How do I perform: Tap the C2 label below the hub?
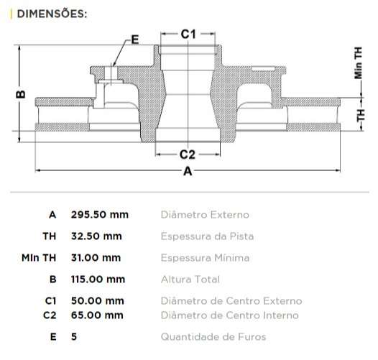(x=188, y=154)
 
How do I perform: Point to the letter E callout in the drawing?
(x=135, y=40)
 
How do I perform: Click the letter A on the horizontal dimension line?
(x=188, y=171)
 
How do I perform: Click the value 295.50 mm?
(x=99, y=215)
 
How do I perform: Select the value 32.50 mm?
(x=96, y=236)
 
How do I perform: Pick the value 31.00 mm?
(x=96, y=258)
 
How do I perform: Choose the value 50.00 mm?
(x=97, y=301)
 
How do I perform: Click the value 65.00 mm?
(x=97, y=315)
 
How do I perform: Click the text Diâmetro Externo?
(x=205, y=215)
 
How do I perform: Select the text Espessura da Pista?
(x=207, y=236)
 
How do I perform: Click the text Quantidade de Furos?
(x=213, y=337)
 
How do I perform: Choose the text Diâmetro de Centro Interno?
(x=230, y=315)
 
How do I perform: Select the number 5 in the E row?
(x=74, y=337)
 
